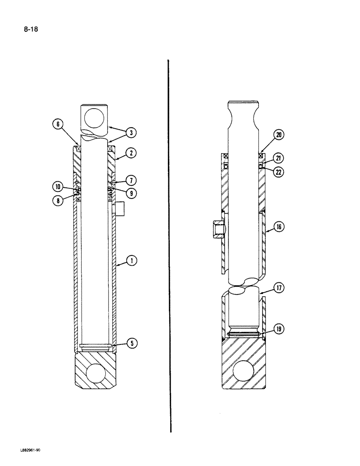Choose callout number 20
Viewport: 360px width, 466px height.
coord(278,135)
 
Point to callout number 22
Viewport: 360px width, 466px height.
coord(279,172)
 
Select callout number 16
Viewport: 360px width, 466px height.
coord(279,227)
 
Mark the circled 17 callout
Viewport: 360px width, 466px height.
coord(279,289)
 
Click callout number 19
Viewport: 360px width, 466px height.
coord(279,329)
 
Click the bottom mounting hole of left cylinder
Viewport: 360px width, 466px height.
coord(96,373)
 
